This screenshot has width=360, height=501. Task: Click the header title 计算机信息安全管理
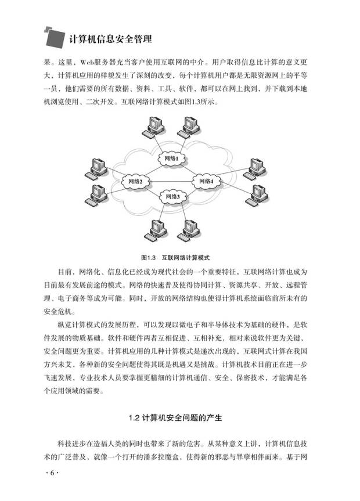(x=110, y=39)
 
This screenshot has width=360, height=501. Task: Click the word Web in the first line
(x=87, y=62)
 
